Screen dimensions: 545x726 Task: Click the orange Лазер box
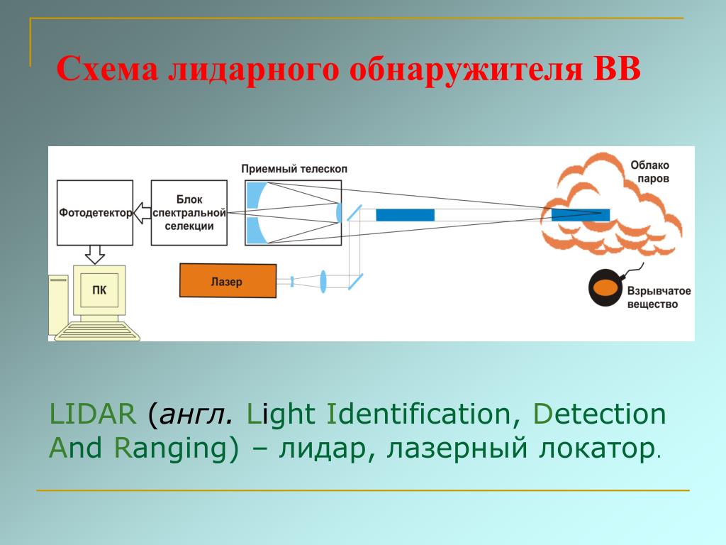point(227,281)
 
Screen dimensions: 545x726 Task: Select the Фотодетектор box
point(94,213)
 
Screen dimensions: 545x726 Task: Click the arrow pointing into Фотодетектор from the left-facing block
point(142,213)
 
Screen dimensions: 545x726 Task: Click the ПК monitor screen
point(100,290)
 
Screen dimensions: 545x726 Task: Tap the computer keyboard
point(99,331)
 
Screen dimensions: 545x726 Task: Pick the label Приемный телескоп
point(294,169)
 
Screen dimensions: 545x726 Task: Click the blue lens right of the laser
point(323,281)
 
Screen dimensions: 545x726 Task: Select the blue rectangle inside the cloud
point(581,214)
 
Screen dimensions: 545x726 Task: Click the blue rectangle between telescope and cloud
point(405,214)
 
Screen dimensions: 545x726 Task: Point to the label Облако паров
point(649,172)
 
